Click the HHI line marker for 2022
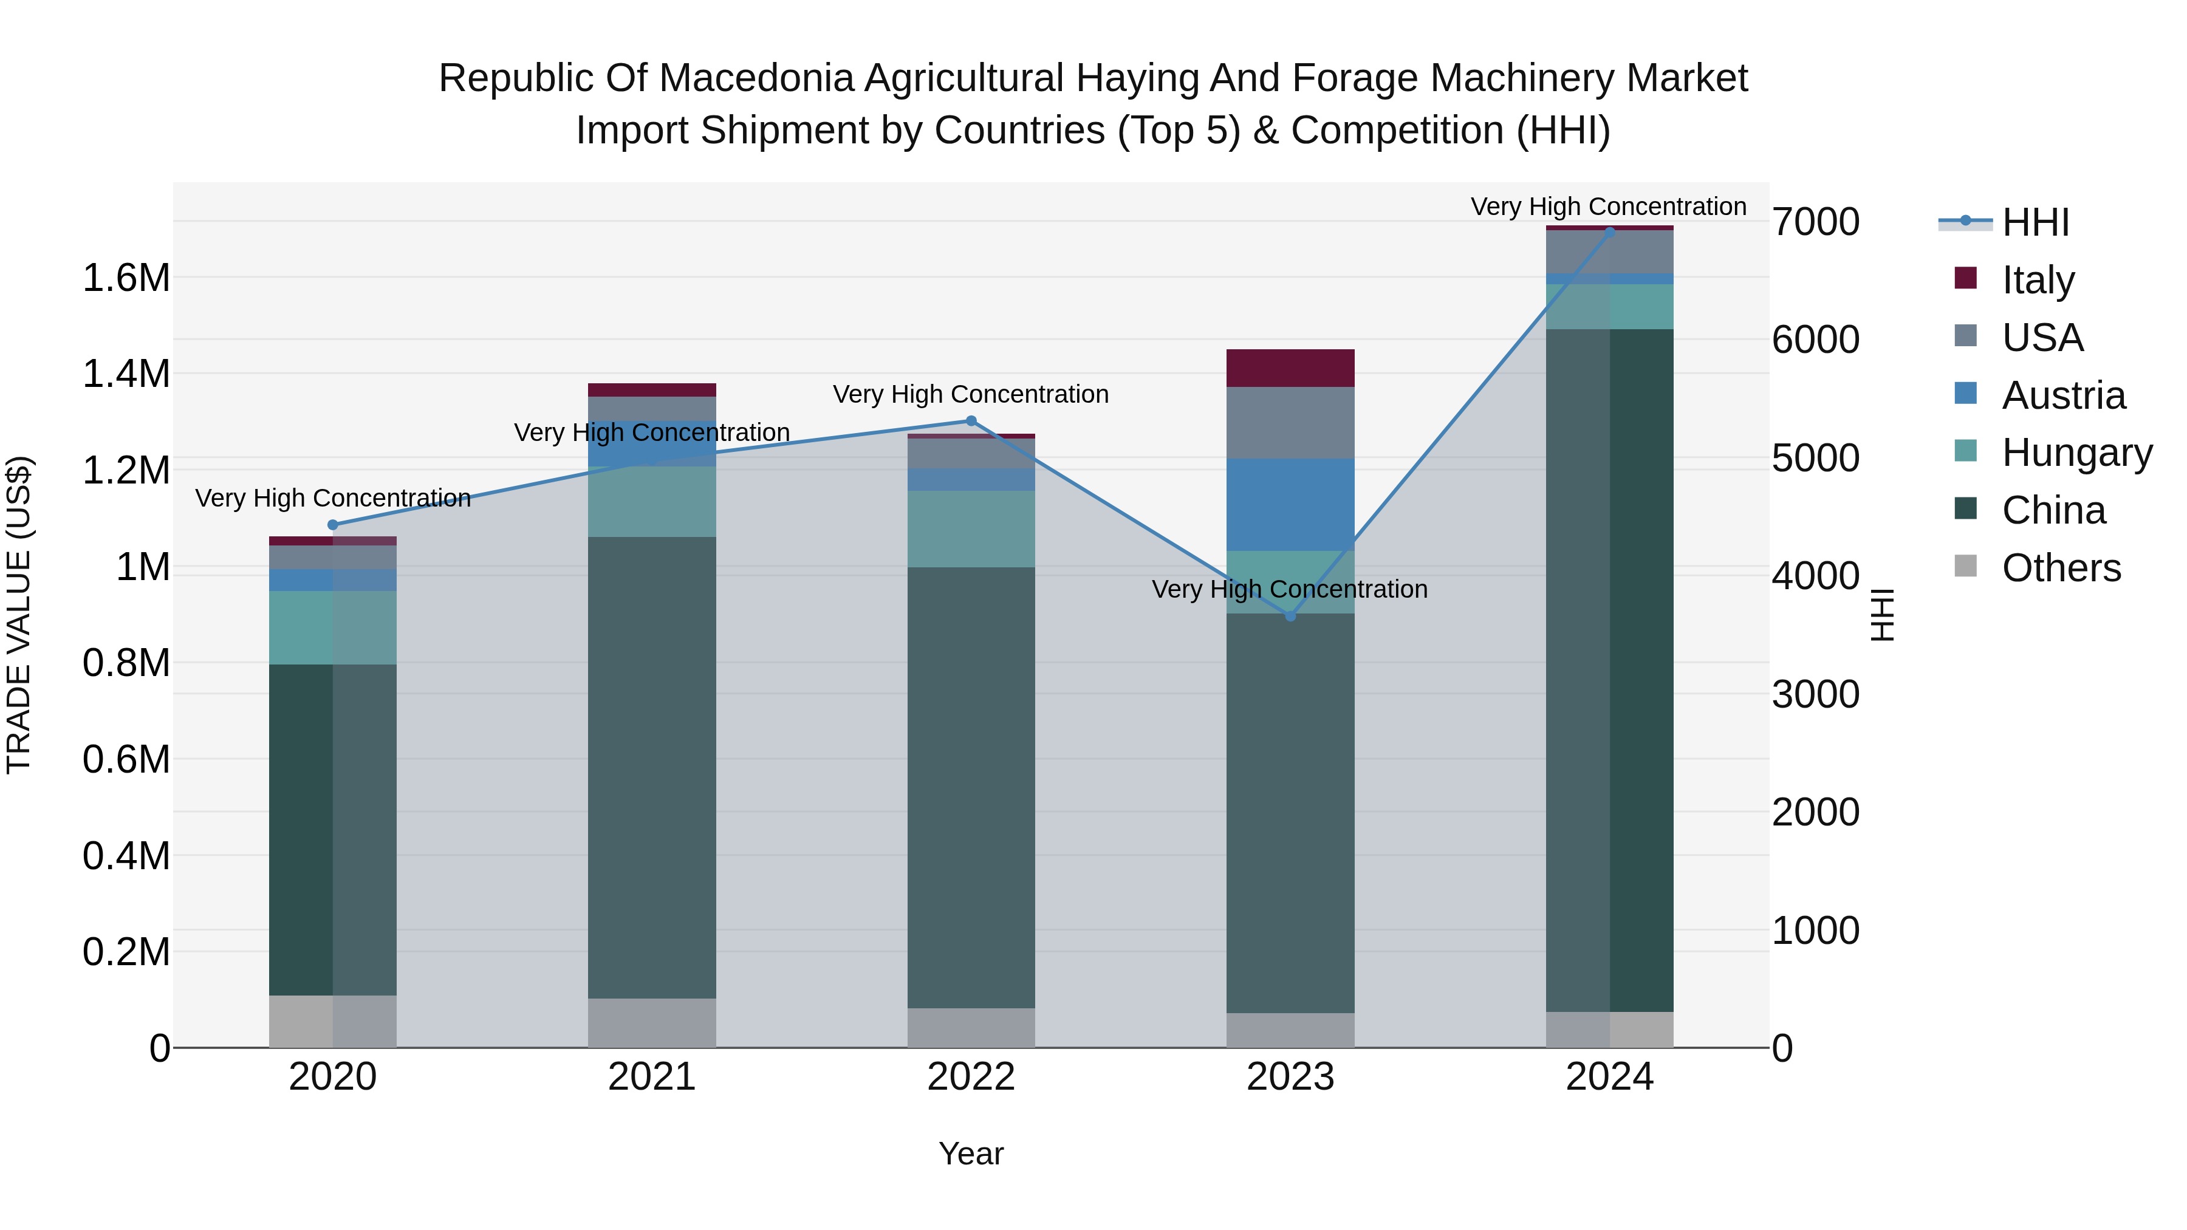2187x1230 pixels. click(x=971, y=421)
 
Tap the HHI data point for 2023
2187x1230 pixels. click(x=1290, y=615)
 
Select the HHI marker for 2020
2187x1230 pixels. click(x=333, y=525)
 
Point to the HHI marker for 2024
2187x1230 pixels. click(x=1610, y=232)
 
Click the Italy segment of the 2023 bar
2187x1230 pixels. click(x=1290, y=367)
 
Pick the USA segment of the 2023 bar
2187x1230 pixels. click(x=1290, y=423)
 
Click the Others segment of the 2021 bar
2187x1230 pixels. click(x=652, y=1022)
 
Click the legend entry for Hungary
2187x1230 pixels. click(x=2076, y=453)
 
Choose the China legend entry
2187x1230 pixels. click(x=2053, y=510)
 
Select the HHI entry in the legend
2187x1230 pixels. click(x=2035, y=222)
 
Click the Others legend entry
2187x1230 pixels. click(x=2061, y=568)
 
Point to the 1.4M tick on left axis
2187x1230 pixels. click(x=126, y=374)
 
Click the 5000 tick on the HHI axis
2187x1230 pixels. click(x=1816, y=459)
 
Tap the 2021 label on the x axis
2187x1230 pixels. click(x=652, y=1077)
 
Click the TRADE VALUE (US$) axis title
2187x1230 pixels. click(x=19, y=615)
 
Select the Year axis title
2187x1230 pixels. click(x=971, y=1153)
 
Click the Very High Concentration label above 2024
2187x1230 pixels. click(x=1608, y=207)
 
